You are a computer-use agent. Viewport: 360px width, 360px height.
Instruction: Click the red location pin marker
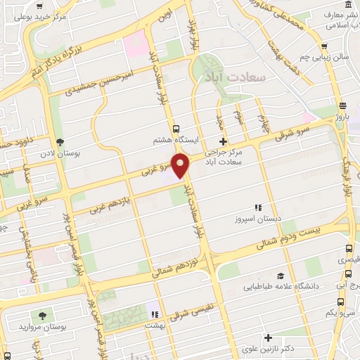(x=181, y=165)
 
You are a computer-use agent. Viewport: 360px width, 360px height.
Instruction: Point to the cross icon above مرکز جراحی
(x=224, y=141)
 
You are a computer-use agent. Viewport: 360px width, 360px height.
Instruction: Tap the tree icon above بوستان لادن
(x=59, y=141)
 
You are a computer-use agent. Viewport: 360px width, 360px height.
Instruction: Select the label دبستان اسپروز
(x=258, y=219)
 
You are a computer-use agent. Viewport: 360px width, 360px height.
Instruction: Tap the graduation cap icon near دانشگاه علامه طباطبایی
(x=281, y=276)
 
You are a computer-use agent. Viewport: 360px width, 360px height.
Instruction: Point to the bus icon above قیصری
(x=349, y=248)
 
